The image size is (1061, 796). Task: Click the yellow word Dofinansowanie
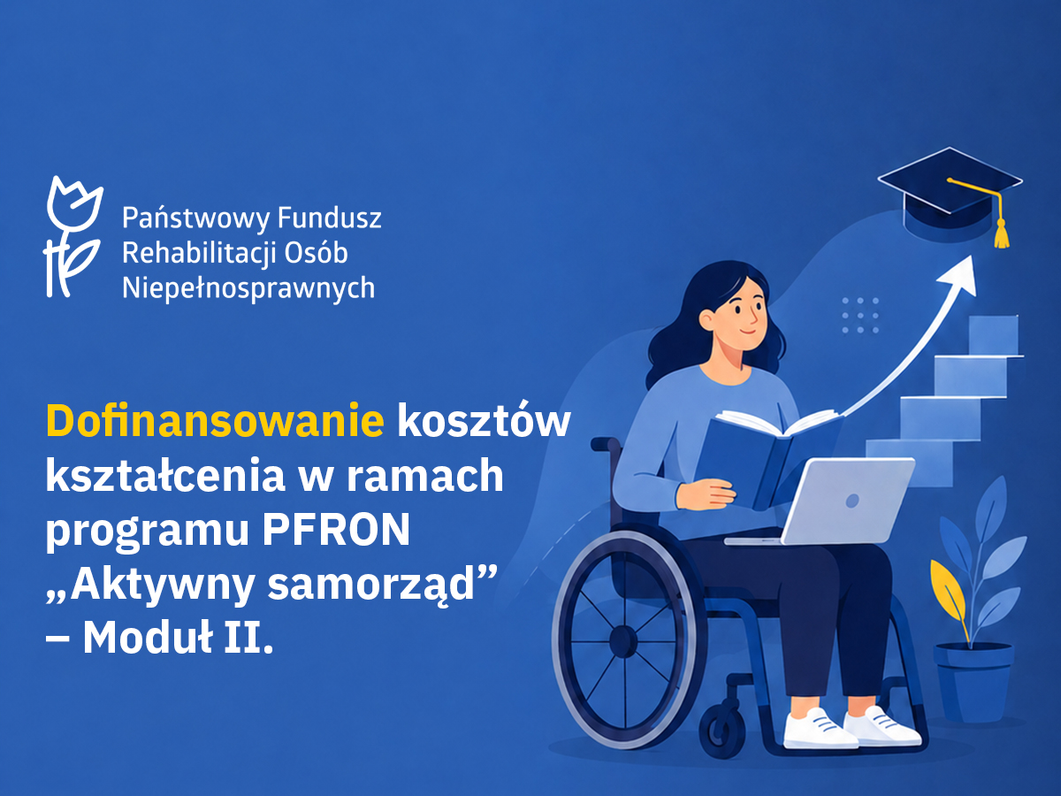coord(215,420)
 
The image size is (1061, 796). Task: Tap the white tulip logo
coord(73,237)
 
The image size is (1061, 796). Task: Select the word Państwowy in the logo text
coord(195,218)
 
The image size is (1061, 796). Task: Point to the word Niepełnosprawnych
coord(248,289)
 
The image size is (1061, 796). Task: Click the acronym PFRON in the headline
coord(337,529)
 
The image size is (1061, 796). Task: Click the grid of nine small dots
coord(860,316)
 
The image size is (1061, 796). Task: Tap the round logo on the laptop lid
coord(852,501)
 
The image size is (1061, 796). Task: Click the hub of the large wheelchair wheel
coord(623,641)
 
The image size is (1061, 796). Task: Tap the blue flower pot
coord(973,681)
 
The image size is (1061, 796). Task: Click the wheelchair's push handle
coord(605,444)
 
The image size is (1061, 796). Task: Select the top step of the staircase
coord(994,334)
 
